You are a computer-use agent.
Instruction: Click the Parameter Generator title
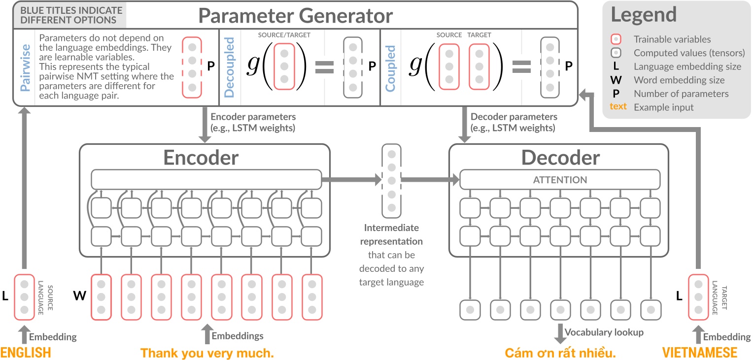(295, 16)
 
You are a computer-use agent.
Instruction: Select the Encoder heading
(201, 158)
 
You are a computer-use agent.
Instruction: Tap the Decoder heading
(560, 158)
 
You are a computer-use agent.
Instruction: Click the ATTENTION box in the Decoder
(560, 180)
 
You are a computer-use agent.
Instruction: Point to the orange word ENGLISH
(26, 353)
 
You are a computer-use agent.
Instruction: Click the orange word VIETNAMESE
(700, 353)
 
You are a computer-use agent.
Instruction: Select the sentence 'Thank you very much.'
(207, 353)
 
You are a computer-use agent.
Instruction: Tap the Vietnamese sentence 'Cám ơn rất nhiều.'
(561, 353)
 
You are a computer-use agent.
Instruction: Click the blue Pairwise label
(24, 67)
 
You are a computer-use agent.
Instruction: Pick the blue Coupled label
(391, 68)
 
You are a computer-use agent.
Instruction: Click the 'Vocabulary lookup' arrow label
(604, 332)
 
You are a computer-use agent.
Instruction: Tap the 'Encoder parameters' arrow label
(253, 123)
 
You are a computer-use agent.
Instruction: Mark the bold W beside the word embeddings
(79, 296)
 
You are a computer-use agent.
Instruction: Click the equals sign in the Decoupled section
(324, 67)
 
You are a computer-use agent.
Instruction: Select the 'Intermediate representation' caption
(392, 235)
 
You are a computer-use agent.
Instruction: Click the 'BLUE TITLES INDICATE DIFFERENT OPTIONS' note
(68, 15)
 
